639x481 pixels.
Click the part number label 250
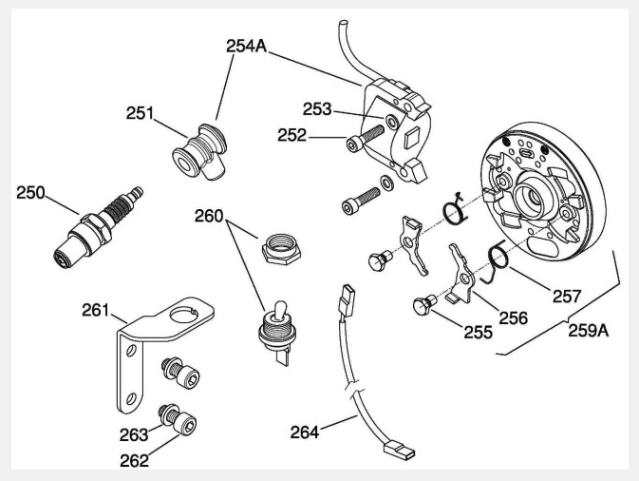(31, 193)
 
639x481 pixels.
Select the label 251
(141, 113)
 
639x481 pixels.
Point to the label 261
(96, 311)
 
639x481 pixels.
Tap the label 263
(134, 434)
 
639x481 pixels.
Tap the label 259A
(589, 332)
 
